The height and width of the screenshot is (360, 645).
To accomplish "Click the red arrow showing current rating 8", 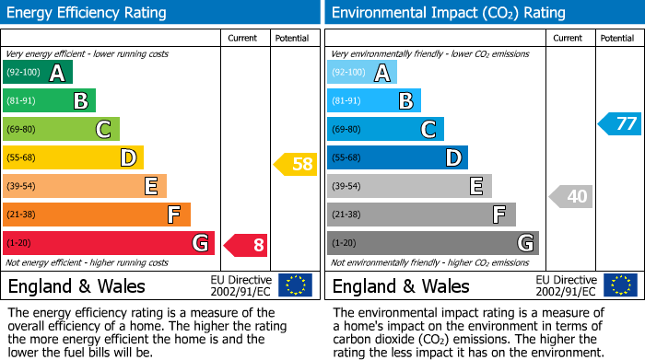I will [246, 244].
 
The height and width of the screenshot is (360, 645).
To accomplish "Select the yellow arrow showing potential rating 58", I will [295, 165].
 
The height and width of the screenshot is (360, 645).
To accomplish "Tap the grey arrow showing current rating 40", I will [571, 196].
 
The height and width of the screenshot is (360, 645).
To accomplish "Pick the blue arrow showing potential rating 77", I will [619, 123].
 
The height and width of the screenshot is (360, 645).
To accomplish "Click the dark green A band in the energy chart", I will [37, 73].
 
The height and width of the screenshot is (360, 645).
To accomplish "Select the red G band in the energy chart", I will [108, 243].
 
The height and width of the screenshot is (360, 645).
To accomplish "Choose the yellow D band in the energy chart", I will [73, 157].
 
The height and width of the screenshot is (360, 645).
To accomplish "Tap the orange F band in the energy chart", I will [96, 215].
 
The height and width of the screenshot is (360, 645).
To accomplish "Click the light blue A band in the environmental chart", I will [362, 73].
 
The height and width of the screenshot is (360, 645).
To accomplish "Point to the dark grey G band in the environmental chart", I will [432, 243].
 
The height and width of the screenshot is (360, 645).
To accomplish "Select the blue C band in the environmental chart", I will [385, 129].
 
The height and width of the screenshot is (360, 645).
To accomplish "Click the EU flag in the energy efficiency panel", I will [295, 285].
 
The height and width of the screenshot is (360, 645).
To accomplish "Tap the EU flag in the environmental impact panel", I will [620, 285].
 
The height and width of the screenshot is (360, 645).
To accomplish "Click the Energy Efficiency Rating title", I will [88, 13].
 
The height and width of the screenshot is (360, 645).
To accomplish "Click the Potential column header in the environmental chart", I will [617, 38].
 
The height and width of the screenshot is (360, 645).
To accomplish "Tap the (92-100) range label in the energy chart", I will [23, 72].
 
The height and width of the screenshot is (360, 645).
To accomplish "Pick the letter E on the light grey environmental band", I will [476, 186].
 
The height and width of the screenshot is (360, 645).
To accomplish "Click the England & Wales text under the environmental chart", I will [401, 285].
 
